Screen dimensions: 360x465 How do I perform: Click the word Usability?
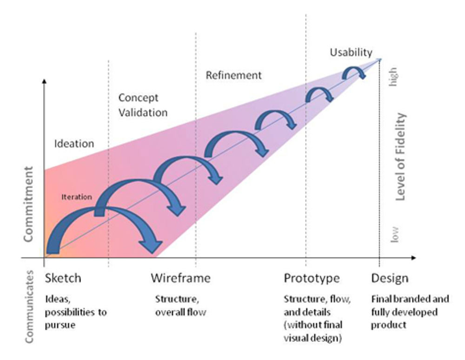(x=351, y=52)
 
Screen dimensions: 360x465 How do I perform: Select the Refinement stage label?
(x=233, y=75)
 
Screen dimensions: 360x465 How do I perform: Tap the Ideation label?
(x=74, y=143)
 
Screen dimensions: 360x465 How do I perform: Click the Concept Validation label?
(x=142, y=105)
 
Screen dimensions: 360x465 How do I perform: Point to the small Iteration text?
(x=76, y=196)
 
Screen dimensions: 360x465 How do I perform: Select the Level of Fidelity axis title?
(x=400, y=156)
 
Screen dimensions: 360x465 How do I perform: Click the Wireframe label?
(x=180, y=278)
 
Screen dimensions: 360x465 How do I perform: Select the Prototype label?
(x=312, y=278)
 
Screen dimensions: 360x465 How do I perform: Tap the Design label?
(x=390, y=278)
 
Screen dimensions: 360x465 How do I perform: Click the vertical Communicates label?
(x=29, y=308)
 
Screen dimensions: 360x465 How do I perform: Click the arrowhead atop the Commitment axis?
(x=44, y=81)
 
